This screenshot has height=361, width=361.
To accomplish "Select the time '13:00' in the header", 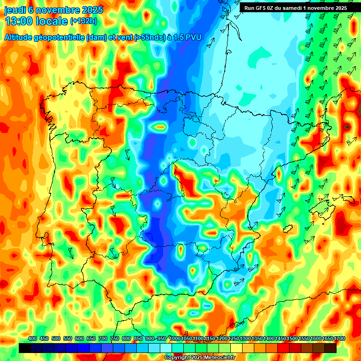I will (18, 21).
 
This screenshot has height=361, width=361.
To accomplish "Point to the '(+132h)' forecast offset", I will (84, 21).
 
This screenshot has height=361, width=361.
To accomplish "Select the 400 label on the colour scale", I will (32, 339).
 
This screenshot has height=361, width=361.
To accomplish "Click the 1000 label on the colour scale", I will (175, 339).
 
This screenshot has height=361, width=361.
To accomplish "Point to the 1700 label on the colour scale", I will (328, 339).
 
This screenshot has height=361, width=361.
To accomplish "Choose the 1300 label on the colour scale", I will (245, 339).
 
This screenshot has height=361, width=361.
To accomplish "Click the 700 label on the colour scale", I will (103, 339).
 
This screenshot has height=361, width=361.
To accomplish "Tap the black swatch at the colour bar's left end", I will (24, 348).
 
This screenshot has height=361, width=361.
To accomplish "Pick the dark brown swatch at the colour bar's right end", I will (330, 348).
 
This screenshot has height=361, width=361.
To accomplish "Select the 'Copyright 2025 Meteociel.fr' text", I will (200, 357).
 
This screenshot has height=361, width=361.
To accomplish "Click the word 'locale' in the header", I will (51, 21).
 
